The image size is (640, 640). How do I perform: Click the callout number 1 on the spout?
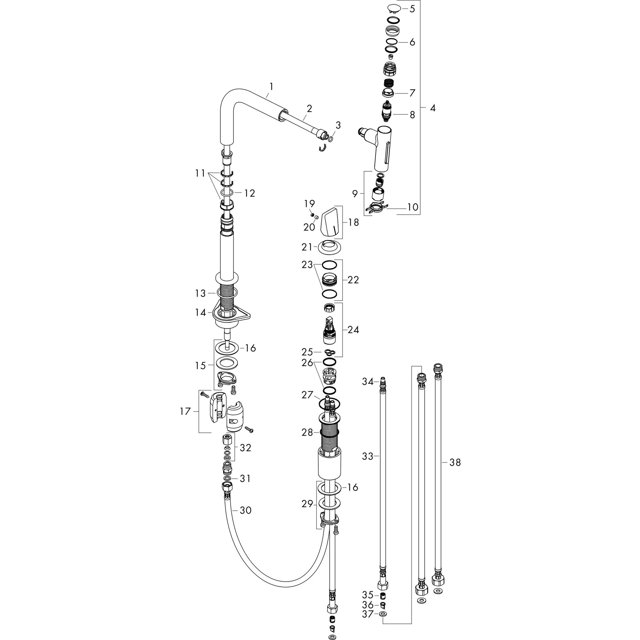(x=271, y=87)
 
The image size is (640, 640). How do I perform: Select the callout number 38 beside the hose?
(x=455, y=462)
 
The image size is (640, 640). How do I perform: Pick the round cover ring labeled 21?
(x=330, y=247)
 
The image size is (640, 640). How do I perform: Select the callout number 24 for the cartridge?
(x=353, y=330)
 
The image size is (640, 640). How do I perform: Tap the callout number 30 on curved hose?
(x=245, y=511)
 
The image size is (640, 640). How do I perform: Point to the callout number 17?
(x=186, y=412)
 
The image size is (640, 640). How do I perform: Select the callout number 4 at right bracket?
(x=432, y=108)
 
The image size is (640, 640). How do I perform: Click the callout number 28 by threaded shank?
(x=307, y=432)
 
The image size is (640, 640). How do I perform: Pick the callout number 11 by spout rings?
(x=200, y=173)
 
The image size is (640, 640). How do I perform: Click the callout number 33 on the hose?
(x=368, y=457)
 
